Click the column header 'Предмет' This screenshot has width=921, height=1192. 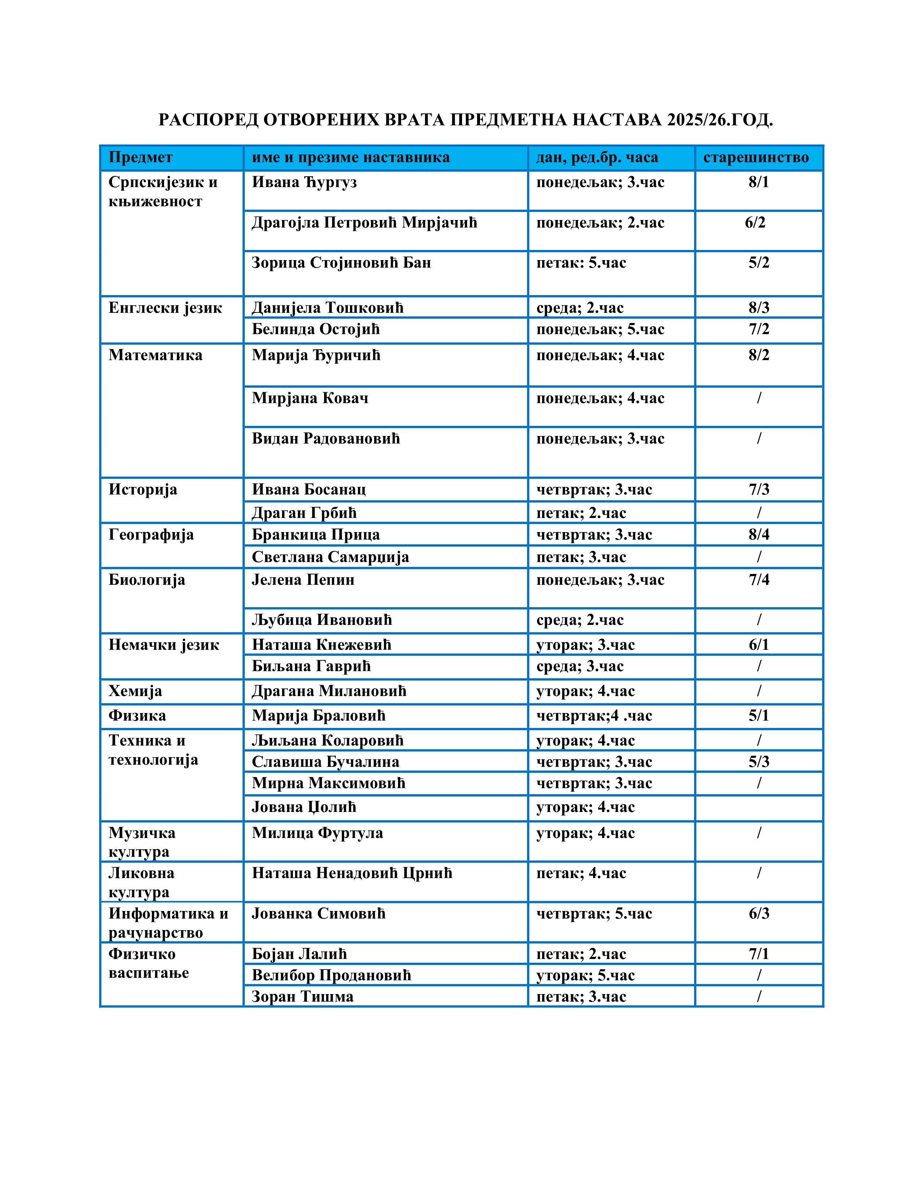pyautogui.click(x=140, y=158)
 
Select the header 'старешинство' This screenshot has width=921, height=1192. pyautogui.click(x=756, y=158)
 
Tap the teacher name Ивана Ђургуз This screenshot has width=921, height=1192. pyautogui.click(x=304, y=182)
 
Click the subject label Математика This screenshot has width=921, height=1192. pyautogui.click(x=156, y=355)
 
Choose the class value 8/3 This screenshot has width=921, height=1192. pyautogui.click(x=758, y=308)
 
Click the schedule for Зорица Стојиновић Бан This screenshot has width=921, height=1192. pyautogui.click(x=581, y=263)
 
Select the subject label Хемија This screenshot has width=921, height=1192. pyautogui.click(x=135, y=691)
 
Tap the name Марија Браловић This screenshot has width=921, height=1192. pyautogui.click(x=319, y=716)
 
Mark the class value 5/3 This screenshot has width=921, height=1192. pyautogui.click(x=758, y=762)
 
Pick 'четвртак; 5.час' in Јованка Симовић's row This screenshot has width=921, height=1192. pyautogui.click(x=594, y=914)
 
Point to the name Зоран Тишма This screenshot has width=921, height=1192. pyautogui.click(x=302, y=997)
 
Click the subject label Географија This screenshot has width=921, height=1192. pyautogui.click(x=151, y=535)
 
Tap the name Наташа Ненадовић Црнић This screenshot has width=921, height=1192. pyautogui.click(x=352, y=873)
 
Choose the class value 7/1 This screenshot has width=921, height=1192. pyautogui.click(x=758, y=954)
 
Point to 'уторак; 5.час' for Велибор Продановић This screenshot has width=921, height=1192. pyautogui.click(x=585, y=975)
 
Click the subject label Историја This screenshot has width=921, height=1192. pyautogui.click(x=143, y=489)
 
